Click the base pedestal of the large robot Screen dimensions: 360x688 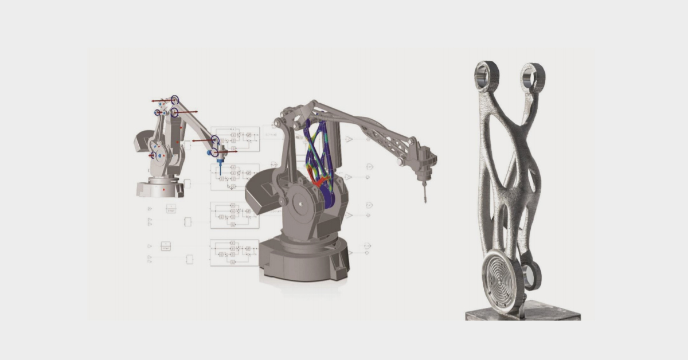click(304, 258)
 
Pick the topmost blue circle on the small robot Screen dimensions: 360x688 click(175, 100)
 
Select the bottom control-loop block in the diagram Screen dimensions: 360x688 click(234, 252)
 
